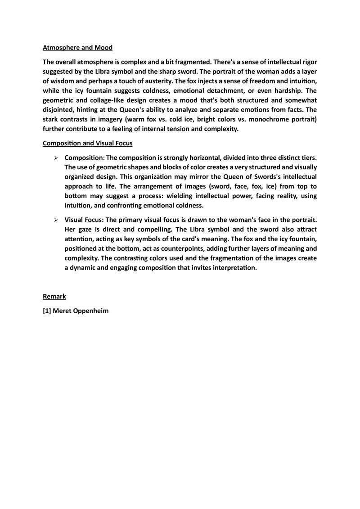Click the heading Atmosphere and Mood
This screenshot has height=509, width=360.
point(77,47)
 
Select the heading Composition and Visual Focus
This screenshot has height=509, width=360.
point(87,143)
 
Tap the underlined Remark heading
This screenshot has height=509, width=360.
point(54,296)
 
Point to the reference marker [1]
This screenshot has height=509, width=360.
point(47,311)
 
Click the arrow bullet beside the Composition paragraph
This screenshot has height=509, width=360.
point(56,158)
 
